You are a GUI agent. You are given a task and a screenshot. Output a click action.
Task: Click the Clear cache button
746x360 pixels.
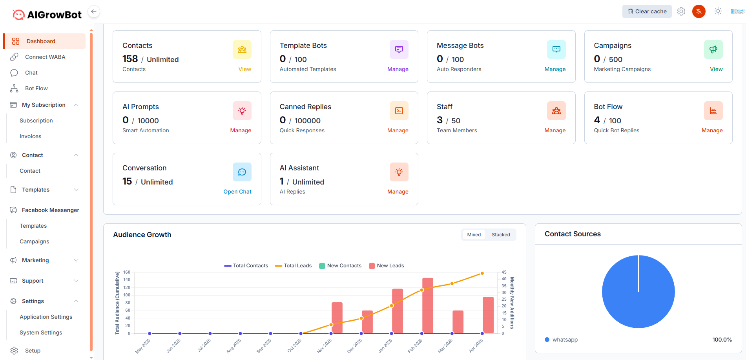[647, 11]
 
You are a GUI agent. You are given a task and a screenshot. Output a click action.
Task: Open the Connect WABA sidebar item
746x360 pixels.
[45, 57]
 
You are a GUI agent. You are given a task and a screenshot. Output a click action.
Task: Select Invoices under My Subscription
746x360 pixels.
[30, 136]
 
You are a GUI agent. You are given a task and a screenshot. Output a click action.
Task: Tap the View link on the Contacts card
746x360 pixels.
[244, 69]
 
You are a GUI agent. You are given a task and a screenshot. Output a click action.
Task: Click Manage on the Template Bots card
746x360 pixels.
[398, 69]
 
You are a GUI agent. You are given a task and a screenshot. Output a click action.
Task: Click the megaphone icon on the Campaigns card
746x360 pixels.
[713, 49]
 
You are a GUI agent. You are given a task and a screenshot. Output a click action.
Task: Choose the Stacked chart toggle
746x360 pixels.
[501, 235]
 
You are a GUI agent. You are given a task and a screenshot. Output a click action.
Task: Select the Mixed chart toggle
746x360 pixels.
[474, 235]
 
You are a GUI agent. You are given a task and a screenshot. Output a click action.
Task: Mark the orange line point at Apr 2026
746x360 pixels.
[482, 273]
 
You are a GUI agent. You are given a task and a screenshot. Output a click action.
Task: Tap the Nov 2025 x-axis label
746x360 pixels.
[325, 346]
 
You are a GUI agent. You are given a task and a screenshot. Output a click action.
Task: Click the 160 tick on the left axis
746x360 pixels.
[127, 272]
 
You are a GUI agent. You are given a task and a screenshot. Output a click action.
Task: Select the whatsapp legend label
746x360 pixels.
[565, 340]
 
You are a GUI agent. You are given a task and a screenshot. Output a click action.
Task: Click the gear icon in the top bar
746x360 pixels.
[681, 11]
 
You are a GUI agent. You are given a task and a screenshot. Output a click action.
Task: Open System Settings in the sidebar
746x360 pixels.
[41, 333]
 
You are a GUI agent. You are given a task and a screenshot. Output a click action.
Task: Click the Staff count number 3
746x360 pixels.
[440, 120]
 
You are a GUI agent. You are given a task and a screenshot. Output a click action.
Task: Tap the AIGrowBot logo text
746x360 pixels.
[54, 15]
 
